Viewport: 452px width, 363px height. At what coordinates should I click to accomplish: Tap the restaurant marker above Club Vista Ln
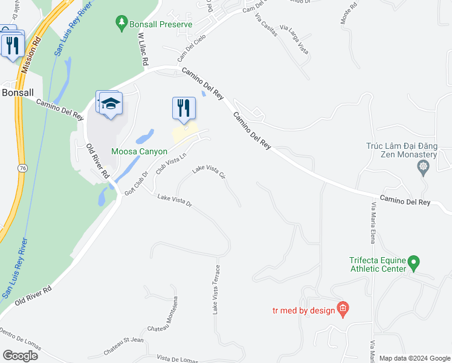point(184,108)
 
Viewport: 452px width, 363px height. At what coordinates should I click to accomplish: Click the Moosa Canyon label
point(138,151)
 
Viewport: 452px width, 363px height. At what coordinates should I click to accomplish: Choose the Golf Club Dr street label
point(136,183)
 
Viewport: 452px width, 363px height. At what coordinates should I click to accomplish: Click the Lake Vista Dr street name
point(174,201)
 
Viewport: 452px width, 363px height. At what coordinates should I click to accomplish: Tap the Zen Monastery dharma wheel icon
point(422,165)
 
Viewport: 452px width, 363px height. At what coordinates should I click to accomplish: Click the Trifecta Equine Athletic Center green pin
point(413,263)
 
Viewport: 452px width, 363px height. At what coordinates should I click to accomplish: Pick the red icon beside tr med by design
point(343,310)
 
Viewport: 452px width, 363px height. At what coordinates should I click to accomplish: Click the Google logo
point(20,355)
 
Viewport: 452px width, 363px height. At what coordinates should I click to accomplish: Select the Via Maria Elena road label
point(373,224)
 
